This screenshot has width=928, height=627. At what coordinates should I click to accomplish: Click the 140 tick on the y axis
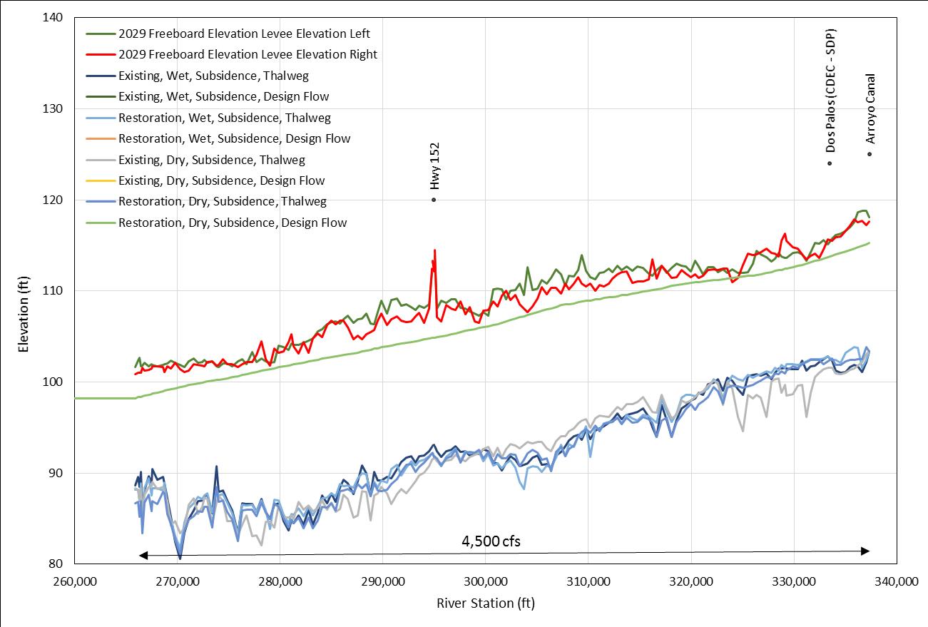coord(53,17)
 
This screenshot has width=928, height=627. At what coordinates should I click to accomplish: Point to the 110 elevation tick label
coord(53,291)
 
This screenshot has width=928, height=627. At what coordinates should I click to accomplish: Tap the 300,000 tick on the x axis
coord(486,581)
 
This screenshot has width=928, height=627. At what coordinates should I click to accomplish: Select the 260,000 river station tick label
coord(75,581)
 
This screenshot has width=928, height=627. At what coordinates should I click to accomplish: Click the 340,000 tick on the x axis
coord(896,581)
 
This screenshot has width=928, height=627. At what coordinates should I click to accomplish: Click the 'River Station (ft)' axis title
coord(485,603)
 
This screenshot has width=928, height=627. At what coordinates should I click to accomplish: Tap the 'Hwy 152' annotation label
coord(434,165)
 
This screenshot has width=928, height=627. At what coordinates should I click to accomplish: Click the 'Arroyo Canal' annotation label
coord(870,108)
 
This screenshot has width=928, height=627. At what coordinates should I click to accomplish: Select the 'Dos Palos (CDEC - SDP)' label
coord(830,91)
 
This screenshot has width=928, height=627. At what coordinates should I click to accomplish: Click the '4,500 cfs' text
coord(491,541)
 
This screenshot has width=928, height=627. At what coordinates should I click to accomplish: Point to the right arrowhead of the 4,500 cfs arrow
coord(865,551)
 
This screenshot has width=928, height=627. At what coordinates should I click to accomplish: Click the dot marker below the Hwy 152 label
coord(434,200)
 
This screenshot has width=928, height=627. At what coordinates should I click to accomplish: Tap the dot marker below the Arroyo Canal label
coord(870,154)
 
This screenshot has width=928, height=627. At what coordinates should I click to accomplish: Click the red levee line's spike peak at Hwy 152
coord(434,250)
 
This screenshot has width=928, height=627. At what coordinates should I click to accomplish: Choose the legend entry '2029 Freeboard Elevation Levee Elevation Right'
coord(248,54)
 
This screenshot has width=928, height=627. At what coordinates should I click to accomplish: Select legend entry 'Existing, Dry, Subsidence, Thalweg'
coord(211,160)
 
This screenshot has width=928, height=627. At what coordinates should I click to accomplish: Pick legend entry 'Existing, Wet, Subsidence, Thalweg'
coord(213,75)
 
